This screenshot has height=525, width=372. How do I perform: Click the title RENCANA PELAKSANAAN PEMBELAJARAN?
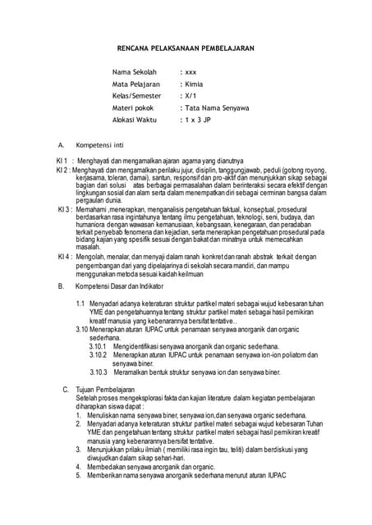tap(185, 48)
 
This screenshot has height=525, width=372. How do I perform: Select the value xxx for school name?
tap(191, 72)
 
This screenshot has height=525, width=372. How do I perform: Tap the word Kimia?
tap(193, 84)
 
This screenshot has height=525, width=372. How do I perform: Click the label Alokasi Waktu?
tap(134, 119)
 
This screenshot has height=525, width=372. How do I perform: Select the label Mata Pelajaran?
tap(136, 84)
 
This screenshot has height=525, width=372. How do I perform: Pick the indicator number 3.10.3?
tap(98, 371)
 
